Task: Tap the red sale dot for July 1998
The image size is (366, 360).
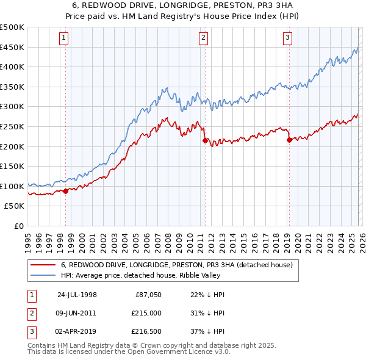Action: point(66,191)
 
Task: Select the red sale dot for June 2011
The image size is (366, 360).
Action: point(204,140)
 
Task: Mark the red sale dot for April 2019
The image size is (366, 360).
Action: point(289,140)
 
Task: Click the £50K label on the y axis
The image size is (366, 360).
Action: point(15,206)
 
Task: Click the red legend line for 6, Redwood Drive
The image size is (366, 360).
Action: point(43,265)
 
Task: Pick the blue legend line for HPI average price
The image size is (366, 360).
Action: point(43,275)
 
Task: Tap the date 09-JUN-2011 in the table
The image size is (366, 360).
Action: point(76,312)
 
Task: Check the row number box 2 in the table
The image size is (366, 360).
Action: point(32,312)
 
